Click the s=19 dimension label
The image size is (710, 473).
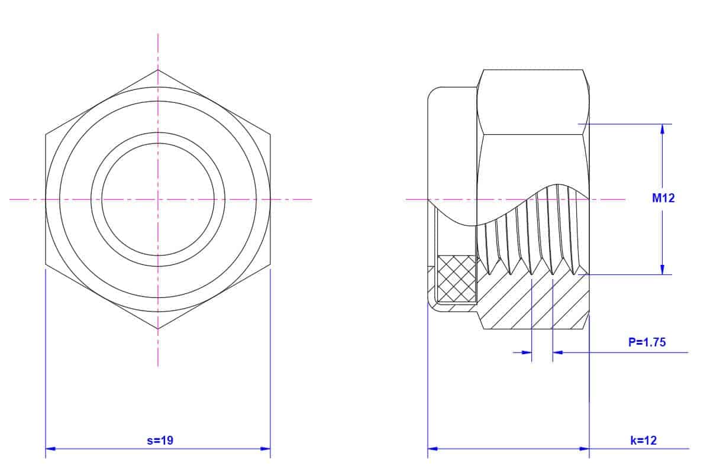click(x=160, y=440)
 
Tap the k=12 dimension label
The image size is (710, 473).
click(x=644, y=440)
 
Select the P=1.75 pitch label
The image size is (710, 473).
click(x=647, y=342)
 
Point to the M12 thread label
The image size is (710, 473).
click(x=663, y=198)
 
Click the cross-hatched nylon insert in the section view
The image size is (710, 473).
click(x=456, y=279)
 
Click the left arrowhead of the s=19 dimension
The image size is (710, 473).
click(x=50, y=449)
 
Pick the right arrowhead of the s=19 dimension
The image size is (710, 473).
click(x=265, y=449)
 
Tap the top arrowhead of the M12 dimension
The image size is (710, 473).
click(x=662, y=129)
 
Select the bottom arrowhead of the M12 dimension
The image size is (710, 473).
click(x=662, y=270)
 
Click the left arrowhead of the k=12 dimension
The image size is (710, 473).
click(x=433, y=449)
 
